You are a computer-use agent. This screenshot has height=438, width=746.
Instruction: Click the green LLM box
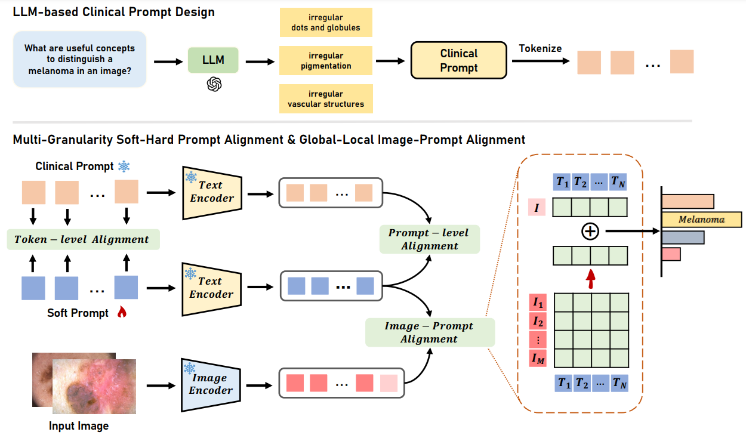[213, 61]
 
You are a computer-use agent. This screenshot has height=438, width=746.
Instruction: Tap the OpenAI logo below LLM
[214, 84]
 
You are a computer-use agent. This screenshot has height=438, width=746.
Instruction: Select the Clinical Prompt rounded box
[458, 61]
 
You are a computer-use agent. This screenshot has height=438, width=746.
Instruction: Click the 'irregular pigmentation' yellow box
[325, 61]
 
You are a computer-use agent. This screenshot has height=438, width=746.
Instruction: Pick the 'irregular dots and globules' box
[325, 23]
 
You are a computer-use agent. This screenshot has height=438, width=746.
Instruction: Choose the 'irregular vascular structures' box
[325, 99]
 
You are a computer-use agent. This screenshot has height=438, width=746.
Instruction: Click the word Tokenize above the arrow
[540, 48]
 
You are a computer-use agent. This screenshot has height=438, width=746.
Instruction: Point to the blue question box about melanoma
[79, 60]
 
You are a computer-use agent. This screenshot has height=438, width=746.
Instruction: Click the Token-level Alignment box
[82, 239]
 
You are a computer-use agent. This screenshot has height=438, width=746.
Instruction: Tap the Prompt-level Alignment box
[429, 239]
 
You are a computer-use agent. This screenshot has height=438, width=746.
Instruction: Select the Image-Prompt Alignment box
[429, 332]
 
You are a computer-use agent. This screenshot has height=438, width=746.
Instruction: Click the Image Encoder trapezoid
[209, 384]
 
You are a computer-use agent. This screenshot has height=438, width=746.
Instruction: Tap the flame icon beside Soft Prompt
[122, 311]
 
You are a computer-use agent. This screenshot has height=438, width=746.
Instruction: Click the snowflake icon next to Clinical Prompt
[124, 166]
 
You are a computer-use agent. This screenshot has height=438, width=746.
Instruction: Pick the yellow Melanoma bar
[701, 220]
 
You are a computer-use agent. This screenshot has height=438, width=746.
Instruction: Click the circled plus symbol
[590, 232]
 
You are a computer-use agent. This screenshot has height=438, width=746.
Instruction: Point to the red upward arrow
[590, 277]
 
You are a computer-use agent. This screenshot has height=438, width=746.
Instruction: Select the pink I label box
[536, 208]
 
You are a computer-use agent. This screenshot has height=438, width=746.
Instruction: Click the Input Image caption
[79, 426]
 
